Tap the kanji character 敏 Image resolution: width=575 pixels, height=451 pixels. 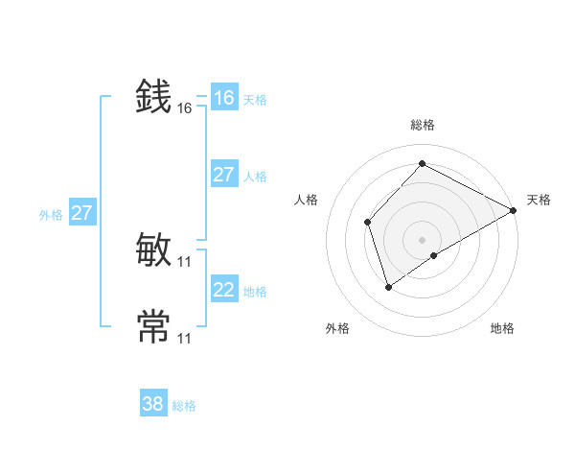[154, 250]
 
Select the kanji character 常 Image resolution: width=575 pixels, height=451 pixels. [154, 326]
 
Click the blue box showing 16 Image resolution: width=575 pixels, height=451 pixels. [224, 98]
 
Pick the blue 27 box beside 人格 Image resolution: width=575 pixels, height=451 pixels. [224, 175]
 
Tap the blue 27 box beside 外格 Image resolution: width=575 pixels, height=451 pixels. [81, 213]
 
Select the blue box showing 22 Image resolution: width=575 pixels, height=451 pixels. [224, 290]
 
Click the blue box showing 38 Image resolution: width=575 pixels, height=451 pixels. [153, 404]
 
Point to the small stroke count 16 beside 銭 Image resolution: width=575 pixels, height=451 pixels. [185, 108]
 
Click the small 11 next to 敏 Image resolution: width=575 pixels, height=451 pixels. [185, 262]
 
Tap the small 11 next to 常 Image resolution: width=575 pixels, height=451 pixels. [185, 339]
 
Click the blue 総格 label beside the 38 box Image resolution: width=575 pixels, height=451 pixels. [184, 406]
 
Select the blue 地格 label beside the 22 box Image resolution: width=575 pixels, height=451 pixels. [255, 292]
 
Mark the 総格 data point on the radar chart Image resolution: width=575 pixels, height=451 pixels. [422, 163]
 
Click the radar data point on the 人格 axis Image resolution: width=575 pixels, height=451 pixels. [368, 223]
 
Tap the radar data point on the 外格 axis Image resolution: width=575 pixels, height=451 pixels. [388, 286]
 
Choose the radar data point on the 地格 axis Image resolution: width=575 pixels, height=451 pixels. [434, 255]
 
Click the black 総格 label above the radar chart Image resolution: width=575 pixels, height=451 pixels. [423, 125]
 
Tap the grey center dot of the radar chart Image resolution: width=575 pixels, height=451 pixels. [422, 240]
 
